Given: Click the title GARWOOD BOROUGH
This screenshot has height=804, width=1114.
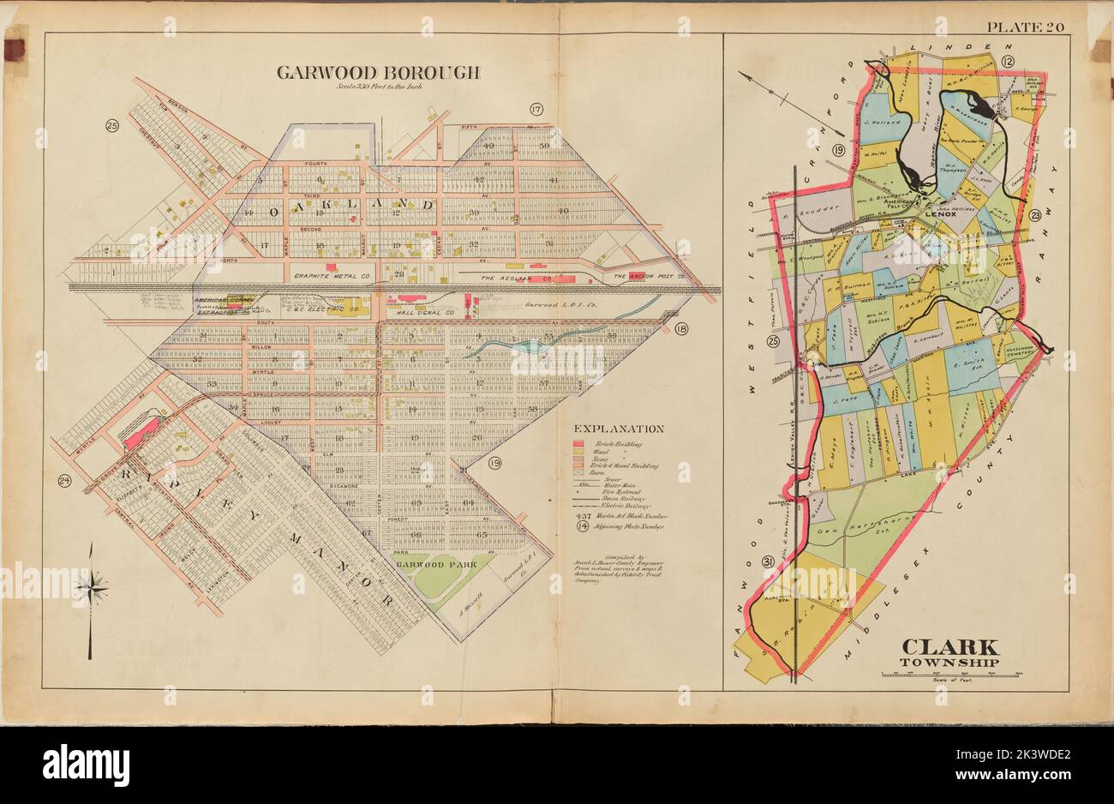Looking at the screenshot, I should [x=378, y=72].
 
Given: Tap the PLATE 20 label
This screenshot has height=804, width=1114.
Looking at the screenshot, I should [x=1025, y=27].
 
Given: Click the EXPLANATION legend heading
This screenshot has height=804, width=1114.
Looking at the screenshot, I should [x=619, y=429].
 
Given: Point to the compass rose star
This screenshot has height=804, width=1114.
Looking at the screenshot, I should [x=90, y=587].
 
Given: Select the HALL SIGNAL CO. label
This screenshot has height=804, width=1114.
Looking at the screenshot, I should [x=422, y=315].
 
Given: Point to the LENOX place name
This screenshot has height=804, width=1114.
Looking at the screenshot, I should [x=944, y=213].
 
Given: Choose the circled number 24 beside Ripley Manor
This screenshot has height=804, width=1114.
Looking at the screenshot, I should [x=63, y=481].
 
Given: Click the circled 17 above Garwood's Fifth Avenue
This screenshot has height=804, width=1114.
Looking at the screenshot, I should [x=536, y=109].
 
